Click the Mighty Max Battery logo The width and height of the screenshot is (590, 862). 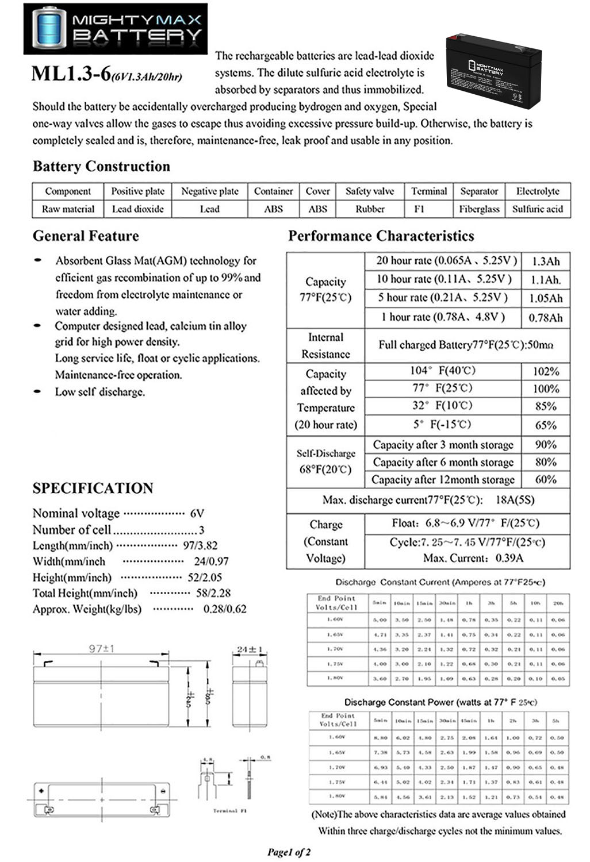(116, 28)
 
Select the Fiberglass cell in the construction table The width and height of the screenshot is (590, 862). (479, 209)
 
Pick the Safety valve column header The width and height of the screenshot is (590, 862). (370, 191)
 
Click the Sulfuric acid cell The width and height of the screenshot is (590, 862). (537, 209)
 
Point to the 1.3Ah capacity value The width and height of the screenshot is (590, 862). (545, 261)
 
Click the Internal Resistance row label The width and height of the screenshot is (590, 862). (325, 345)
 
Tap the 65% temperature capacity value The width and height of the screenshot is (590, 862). (545, 425)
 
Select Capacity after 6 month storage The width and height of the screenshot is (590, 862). (443, 462)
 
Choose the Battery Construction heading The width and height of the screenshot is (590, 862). (101, 167)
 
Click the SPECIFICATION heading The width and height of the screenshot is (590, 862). (93, 488)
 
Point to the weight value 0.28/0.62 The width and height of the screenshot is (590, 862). (225, 609)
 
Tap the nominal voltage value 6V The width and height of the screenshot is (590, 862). (197, 513)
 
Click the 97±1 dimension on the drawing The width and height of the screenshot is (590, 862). (101, 648)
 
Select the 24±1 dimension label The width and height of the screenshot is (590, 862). (250, 649)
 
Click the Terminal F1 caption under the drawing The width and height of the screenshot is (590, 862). (229, 810)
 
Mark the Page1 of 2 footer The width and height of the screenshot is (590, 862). (289, 852)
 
